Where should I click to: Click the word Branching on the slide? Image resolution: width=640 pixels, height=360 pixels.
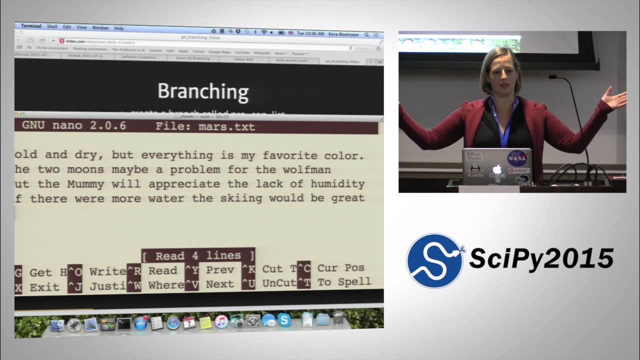click(x=203, y=91)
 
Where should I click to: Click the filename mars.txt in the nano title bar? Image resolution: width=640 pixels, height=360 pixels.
click(x=226, y=126)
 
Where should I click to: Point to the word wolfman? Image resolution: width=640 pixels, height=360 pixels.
click(x=307, y=169)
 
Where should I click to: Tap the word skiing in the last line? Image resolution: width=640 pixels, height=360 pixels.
click(x=241, y=198)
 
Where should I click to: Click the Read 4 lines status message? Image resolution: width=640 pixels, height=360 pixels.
click(x=198, y=256)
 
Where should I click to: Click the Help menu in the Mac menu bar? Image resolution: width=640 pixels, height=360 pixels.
click(x=118, y=28)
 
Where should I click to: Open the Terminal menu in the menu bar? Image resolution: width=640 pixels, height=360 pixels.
click(x=31, y=26)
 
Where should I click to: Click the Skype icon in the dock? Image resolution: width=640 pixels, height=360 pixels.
click(x=284, y=320)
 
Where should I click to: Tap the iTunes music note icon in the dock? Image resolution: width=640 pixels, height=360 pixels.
click(x=221, y=321)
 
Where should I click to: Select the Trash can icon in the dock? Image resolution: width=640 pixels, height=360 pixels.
click(x=338, y=318)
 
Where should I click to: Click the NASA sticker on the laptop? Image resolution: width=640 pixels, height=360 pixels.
click(x=517, y=158)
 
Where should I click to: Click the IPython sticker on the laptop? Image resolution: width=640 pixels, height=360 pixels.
click(x=474, y=156)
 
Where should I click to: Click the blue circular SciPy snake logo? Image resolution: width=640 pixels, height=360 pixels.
click(x=434, y=261)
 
